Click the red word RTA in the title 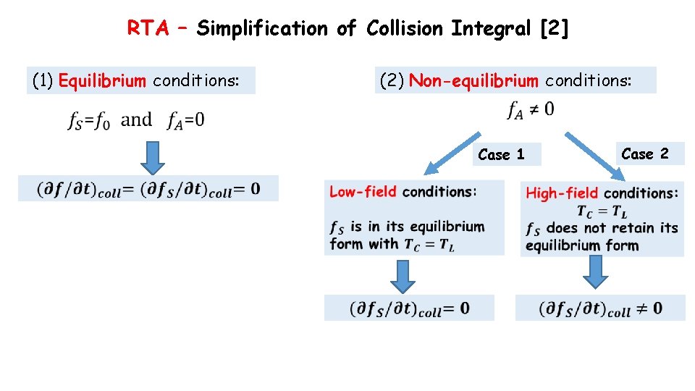(x=148, y=28)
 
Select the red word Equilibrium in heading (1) (x=102, y=80)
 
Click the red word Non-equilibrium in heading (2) (x=473, y=80)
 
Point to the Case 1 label (x=501, y=154)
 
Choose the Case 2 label (x=644, y=154)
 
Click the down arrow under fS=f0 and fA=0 (x=152, y=158)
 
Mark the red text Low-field (x=363, y=192)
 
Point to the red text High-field (x=562, y=193)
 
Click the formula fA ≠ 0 (x=531, y=110)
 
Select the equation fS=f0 (x=89, y=120)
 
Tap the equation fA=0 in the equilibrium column (x=185, y=120)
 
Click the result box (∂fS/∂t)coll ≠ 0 (x=600, y=308)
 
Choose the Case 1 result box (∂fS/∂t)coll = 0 (x=409, y=308)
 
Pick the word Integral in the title (x=489, y=28)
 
